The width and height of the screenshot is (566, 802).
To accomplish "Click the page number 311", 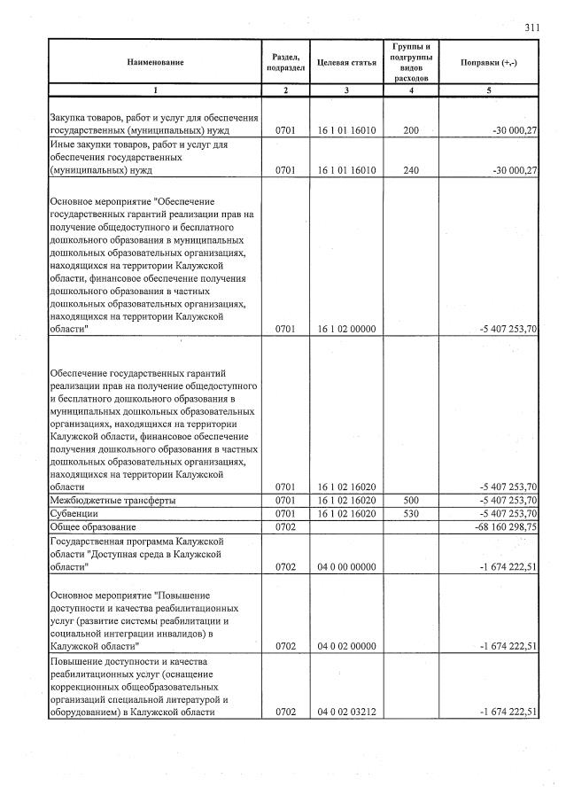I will [x=531, y=27].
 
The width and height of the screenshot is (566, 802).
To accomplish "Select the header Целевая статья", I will [x=346, y=62].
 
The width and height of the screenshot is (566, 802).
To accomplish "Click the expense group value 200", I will [x=410, y=130].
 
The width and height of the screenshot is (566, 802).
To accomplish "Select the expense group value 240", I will [x=410, y=170].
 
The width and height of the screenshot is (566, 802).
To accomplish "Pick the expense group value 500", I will [x=410, y=501].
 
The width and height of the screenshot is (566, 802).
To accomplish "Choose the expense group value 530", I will [x=410, y=513].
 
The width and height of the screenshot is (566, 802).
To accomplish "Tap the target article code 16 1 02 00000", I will [x=346, y=329].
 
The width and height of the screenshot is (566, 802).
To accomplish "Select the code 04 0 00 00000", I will [x=346, y=566].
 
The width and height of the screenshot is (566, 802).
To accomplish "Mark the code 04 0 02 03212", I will [x=346, y=712].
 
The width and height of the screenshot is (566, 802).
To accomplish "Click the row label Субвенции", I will [x=74, y=513].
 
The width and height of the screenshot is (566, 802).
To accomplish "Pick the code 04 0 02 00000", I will [x=346, y=646].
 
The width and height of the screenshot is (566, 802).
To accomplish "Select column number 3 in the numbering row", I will [x=346, y=90].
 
